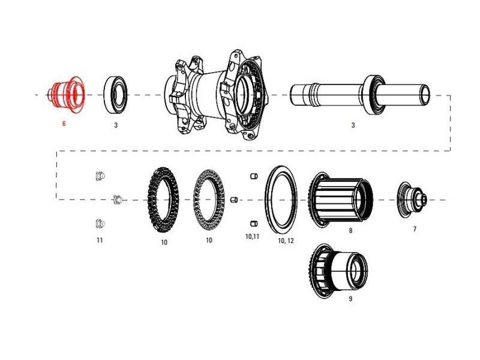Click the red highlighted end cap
(66, 95)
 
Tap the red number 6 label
(64, 124)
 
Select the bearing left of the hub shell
(115, 95)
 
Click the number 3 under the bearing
(116, 125)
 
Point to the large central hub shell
(216, 95)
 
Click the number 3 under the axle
(353, 125)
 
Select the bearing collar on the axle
(374, 95)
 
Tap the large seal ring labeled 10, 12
(281, 200)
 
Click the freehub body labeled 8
(341, 200)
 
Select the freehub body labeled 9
(338, 271)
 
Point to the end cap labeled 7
(413, 200)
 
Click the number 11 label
(100, 241)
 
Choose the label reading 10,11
(252, 236)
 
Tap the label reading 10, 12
(286, 241)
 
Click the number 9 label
(350, 298)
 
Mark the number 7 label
(415, 229)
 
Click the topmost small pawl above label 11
(100, 176)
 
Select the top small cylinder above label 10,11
(254, 176)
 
